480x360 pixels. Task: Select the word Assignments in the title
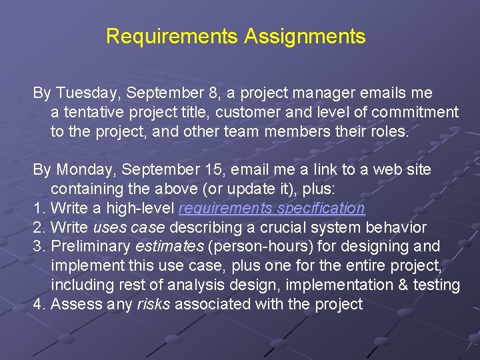click(305, 36)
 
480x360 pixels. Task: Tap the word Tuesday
click(85, 93)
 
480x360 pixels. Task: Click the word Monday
click(84, 170)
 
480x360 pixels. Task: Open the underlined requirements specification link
click(271, 209)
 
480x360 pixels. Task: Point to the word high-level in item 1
click(143, 209)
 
